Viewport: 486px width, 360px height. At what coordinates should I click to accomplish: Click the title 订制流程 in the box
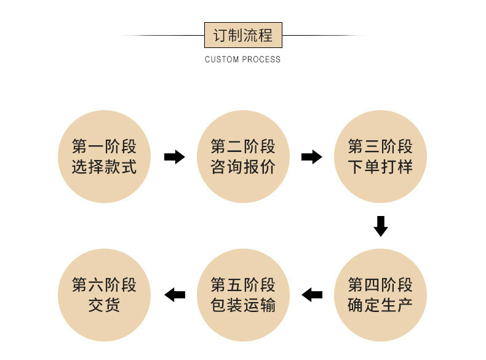(242, 35)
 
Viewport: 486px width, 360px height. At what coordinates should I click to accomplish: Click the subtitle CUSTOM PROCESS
(242, 60)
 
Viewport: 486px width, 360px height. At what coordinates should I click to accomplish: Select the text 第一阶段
(104, 146)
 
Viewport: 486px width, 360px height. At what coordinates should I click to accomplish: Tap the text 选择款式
(104, 167)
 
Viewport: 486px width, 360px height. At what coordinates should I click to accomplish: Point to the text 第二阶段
(242, 146)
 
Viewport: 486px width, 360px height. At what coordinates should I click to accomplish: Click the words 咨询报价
(242, 167)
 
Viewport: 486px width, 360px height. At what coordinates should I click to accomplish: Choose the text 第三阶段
(380, 146)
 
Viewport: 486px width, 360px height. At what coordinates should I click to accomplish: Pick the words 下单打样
(380, 167)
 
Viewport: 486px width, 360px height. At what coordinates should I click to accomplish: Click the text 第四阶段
(380, 285)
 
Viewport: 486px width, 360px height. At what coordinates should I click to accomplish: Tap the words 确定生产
(380, 305)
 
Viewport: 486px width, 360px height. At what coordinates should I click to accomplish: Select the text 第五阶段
(242, 285)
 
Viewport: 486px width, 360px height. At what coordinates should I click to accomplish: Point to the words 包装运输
(242, 305)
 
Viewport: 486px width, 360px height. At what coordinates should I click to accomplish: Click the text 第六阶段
(104, 285)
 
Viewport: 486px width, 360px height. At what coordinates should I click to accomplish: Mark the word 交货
(104, 305)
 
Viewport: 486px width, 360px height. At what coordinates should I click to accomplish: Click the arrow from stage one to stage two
(174, 157)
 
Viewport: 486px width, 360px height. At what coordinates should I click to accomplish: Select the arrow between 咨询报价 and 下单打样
(311, 157)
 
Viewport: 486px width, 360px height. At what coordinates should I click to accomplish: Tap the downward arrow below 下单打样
(381, 226)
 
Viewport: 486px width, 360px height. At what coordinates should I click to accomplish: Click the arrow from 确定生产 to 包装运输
(312, 295)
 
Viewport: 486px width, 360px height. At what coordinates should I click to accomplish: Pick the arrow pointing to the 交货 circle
(175, 295)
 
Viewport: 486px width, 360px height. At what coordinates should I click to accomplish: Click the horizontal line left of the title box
(162, 36)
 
